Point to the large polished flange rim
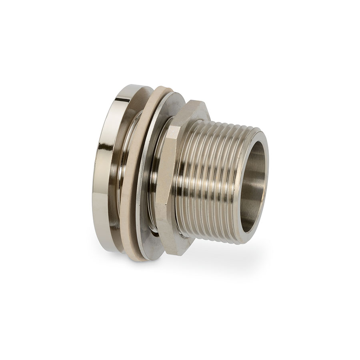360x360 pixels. coord(103,168)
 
